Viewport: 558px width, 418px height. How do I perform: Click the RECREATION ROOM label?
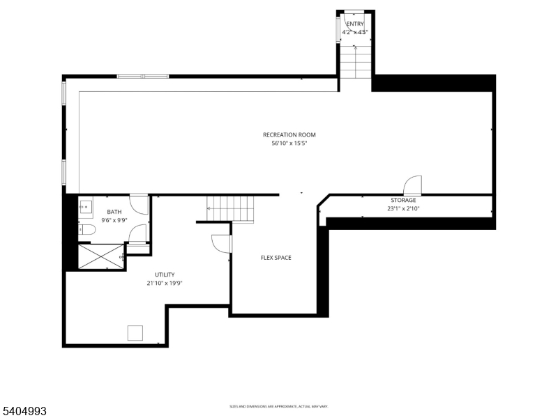point(289,134)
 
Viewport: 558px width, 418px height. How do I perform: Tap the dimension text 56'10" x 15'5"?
point(289,144)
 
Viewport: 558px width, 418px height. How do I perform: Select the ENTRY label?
point(355,24)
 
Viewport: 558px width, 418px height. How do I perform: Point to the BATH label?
point(114,211)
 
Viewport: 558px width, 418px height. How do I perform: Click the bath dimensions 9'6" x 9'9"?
point(114,220)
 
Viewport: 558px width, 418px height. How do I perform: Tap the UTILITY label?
point(165,274)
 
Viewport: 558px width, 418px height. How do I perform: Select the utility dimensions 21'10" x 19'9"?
point(165,284)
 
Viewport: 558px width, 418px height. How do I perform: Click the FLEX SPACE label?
point(276,258)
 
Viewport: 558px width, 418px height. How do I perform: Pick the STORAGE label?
point(403,200)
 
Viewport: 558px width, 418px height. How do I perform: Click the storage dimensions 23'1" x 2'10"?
point(403,208)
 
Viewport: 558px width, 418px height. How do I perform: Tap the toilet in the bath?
point(87,230)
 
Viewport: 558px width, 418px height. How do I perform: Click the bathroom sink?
point(86,207)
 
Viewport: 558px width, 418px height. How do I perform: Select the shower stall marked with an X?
point(100,256)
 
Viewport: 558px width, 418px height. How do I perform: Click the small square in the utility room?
point(135,332)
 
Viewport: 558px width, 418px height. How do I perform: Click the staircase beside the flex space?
point(230,208)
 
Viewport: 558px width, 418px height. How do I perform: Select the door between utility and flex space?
point(222,243)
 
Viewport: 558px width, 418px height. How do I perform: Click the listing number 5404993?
point(24,411)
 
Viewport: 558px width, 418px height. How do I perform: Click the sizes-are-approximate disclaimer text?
point(279,406)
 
